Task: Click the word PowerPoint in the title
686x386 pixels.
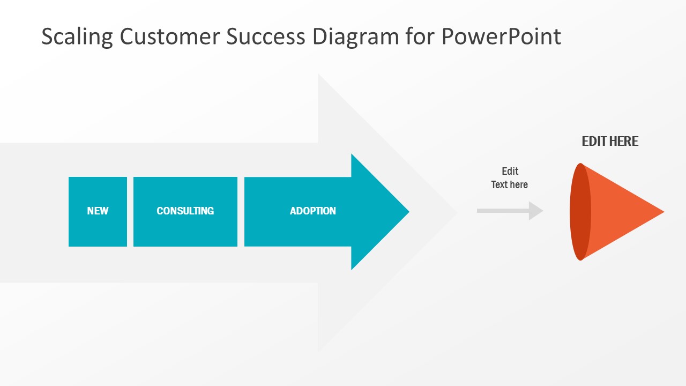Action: pyautogui.click(x=501, y=36)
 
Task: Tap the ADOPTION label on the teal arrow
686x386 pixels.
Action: pyautogui.click(x=313, y=211)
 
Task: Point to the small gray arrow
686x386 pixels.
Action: pyautogui.click(x=510, y=211)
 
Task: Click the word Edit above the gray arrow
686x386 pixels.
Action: pyautogui.click(x=510, y=172)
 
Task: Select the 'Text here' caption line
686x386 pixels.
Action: pyautogui.click(x=510, y=185)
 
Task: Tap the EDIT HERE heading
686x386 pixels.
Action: pyautogui.click(x=610, y=142)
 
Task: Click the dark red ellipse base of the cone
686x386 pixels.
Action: pyautogui.click(x=579, y=212)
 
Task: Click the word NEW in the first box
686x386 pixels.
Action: pyautogui.click(x=98, y=211)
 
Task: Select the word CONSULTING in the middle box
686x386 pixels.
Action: pyautogui.click(x=185, y=211)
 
